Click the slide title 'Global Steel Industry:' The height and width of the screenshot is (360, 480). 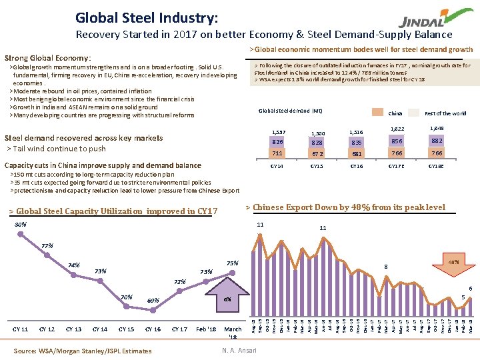[x=146, y=17]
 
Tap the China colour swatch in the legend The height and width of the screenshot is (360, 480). [x=377, y=113]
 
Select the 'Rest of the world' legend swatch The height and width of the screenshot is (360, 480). [x=413, y=113]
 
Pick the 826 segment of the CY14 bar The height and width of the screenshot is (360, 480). [x=277, y=142]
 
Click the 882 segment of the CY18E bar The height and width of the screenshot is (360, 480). [x=437, y=141]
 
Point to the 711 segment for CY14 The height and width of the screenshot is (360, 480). [x=277, y=153]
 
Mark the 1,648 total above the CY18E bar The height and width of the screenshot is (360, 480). [x=437, y=128]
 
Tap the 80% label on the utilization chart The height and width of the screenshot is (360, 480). [x=21, y=225]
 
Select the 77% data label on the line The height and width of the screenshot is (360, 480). [x=47, y=246]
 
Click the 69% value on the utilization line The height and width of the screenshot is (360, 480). [x=153, y=301]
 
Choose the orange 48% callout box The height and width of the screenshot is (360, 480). [x=454, y=262]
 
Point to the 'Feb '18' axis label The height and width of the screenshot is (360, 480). [x=206, y=329]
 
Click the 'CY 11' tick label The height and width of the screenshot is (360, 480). [x=21, y=329]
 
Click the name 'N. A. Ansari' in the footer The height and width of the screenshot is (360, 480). [x=238, y=350]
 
